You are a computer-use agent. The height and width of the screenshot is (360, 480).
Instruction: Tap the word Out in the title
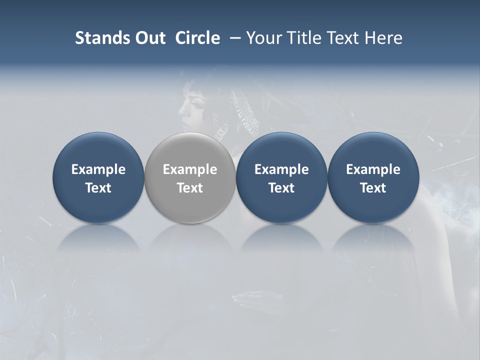click(x=149, y=38)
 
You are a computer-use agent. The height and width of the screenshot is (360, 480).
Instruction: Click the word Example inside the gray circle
click(x=190, y=169)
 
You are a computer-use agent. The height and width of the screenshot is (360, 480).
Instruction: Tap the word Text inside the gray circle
click(x=190, y=188)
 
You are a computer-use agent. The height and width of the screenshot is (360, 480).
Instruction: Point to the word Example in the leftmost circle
click(x=98, y=169)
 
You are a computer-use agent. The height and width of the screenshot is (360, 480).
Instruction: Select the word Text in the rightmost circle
click(x=373, y=188)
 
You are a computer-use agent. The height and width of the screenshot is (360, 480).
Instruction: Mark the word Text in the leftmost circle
click(x=98, y=188)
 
